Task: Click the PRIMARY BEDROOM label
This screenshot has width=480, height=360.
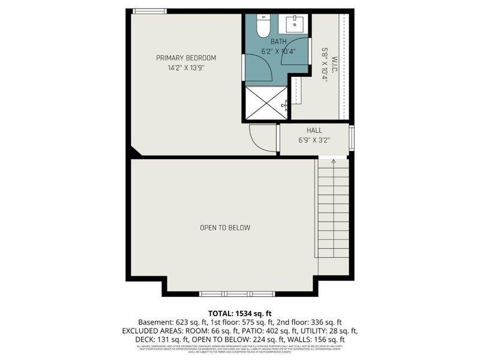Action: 186,58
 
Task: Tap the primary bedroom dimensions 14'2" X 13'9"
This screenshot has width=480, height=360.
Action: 186,68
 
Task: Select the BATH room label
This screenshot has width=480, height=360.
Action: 278,42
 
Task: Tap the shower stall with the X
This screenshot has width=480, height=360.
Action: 266,103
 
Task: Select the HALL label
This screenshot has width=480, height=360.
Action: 314,130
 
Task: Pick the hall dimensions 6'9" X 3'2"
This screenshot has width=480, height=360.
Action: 314,140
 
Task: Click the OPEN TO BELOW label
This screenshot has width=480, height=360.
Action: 225,228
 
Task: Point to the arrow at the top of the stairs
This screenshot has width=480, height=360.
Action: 334,162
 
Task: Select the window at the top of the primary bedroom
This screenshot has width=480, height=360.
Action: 149,11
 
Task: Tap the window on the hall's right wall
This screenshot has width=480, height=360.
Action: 352,138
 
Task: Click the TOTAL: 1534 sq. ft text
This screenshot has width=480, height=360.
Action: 239,313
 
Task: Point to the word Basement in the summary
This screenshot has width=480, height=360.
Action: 154,322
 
